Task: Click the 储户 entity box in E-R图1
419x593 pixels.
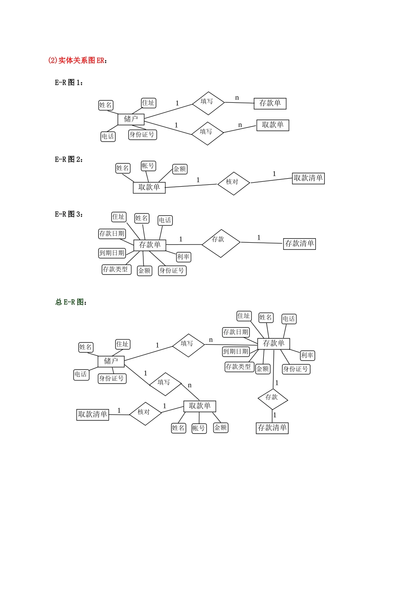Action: (x=131, y=119)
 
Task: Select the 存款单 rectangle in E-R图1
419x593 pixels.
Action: (x=270, y=103)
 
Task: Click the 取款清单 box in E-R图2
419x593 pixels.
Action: (x=308, y=178)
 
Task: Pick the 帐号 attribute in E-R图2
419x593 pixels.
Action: (x=148, y=166)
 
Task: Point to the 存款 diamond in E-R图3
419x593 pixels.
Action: (x=221, y=243)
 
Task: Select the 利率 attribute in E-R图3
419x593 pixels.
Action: (x=183, y=257)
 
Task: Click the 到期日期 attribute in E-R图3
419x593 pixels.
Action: (x=112, y=253)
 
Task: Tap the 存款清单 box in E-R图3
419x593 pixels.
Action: (x=299, y=244)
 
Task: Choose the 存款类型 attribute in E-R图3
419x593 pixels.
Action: (x=116, y=269)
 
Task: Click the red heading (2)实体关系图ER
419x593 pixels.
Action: (x=78, y=60)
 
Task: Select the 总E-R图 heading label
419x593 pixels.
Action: (x=71, y=302)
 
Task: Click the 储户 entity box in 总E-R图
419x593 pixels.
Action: (x=111, y=361)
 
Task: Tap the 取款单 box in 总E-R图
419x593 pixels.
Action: (x=200, y=406)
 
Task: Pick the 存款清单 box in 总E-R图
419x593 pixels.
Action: (x=272, y=428)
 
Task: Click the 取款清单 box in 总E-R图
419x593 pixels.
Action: (x=93, y=414)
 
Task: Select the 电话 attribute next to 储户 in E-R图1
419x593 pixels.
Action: (x=108, y=136)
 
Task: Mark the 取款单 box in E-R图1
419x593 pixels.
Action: (x=273, y=125)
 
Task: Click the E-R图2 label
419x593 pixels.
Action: (x=69, y=160)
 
